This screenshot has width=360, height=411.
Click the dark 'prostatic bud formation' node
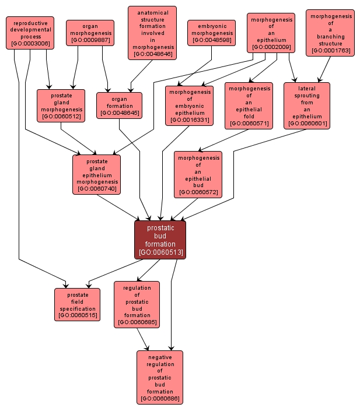[160, 240]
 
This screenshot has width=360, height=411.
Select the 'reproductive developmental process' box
[30, 33]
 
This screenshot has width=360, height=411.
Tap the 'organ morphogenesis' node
[90, 33]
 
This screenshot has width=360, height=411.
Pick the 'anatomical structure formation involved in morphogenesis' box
[152, 33]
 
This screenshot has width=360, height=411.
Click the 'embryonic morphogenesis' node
[211, 33]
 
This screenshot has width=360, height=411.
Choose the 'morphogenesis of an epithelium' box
[271, 33]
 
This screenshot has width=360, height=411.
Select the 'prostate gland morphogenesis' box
[61, 106]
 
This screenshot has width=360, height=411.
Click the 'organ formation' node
[119, 106]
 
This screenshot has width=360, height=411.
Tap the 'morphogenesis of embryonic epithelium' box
[190, 106]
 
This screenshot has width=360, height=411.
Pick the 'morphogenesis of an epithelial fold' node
[249, 106]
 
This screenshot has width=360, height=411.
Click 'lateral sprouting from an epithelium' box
[307, 106]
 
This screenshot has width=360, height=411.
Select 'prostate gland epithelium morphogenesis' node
[96, 174]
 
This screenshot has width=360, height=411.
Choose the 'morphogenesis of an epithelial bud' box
[198, 174]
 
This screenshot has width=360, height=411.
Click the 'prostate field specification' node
[78, 304]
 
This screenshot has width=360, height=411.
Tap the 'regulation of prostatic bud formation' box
[137, 304]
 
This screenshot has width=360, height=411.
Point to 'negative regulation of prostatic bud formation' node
[160, 377]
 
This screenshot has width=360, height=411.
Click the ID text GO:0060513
[160, 253]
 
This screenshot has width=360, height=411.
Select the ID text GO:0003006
[30, 44]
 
